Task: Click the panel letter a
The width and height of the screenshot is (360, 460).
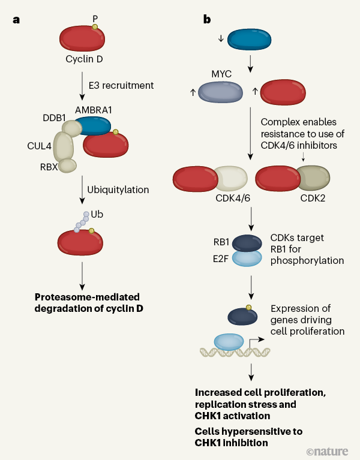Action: pyautogui.click(x=16, y=20)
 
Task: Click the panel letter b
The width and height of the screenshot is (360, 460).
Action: pyautogui.click(x=206, y=20)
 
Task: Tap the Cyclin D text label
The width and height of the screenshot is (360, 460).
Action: pyautogui.click(x=84, y=59)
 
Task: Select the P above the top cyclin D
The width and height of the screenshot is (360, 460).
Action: pyautogui.click(x=94, y=17)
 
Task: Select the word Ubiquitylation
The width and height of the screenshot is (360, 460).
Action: pyautogui.click(x=118, y=190)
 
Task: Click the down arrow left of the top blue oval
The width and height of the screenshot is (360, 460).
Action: pyautogui.click(x=221, y=39)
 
